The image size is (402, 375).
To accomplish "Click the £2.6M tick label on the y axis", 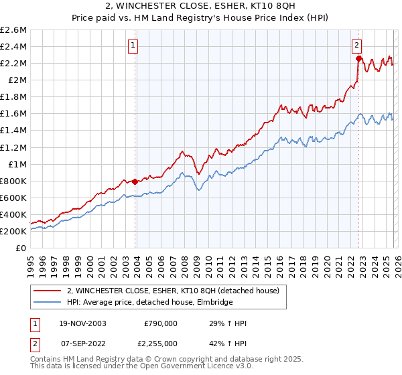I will pyautogui.click(x=13, y=30).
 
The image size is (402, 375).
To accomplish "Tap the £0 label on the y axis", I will pyautogui.click(x=21, y=248).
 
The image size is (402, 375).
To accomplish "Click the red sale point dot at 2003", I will pyautogui.click(x=135, y=181).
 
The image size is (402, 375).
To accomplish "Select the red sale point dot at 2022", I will pyautogui.click(x=358, y=58).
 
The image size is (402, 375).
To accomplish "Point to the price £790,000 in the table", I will pyautogui.click(x=161, y=323).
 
